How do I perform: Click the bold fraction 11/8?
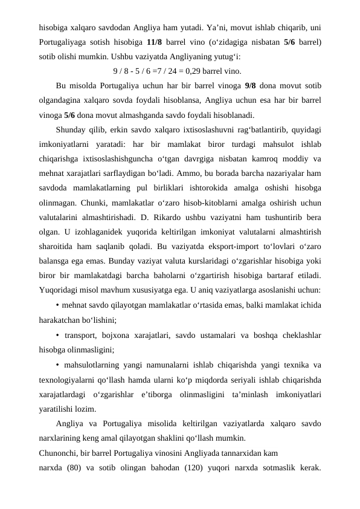click(x=153, y=43)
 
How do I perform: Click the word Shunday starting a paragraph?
click(x=72, y=129)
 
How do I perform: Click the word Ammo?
click(x=192, y=173)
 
